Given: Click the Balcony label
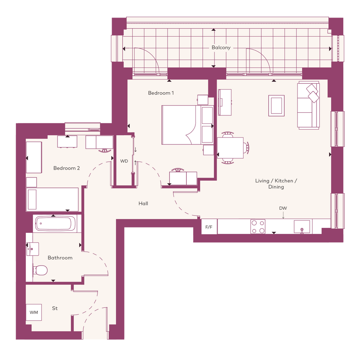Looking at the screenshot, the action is (x=221, y=48).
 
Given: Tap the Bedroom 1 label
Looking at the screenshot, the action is (x=161, y=93).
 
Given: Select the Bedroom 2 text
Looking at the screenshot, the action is (x=66, y=168).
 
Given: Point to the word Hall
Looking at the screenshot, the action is (x=143, y=203).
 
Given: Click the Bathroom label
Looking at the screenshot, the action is (x=60, y=258).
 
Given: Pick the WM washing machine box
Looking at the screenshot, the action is (x=34, y=312).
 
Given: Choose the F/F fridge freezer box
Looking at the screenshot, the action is (x=209, y=227).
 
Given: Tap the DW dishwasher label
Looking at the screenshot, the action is (x=283, y=208).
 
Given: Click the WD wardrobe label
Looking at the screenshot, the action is (x=124, y=161).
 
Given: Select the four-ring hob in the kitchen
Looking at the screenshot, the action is (x=258, y=227).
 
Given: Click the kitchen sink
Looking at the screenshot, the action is (x=302, y=227).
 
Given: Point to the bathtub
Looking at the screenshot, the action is (x=55, y=224).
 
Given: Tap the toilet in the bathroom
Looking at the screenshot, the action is (x=40, y=270).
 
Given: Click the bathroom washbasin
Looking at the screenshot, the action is (x=33, y=249).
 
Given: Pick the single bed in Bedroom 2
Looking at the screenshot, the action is (x=52, y=199).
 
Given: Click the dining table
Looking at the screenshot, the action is (x=230, y=148).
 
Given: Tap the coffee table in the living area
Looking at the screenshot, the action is (x=277, y=106).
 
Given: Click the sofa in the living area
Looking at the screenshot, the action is (x=308, y=105).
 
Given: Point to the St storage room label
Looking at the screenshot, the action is (x=54, y=308).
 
